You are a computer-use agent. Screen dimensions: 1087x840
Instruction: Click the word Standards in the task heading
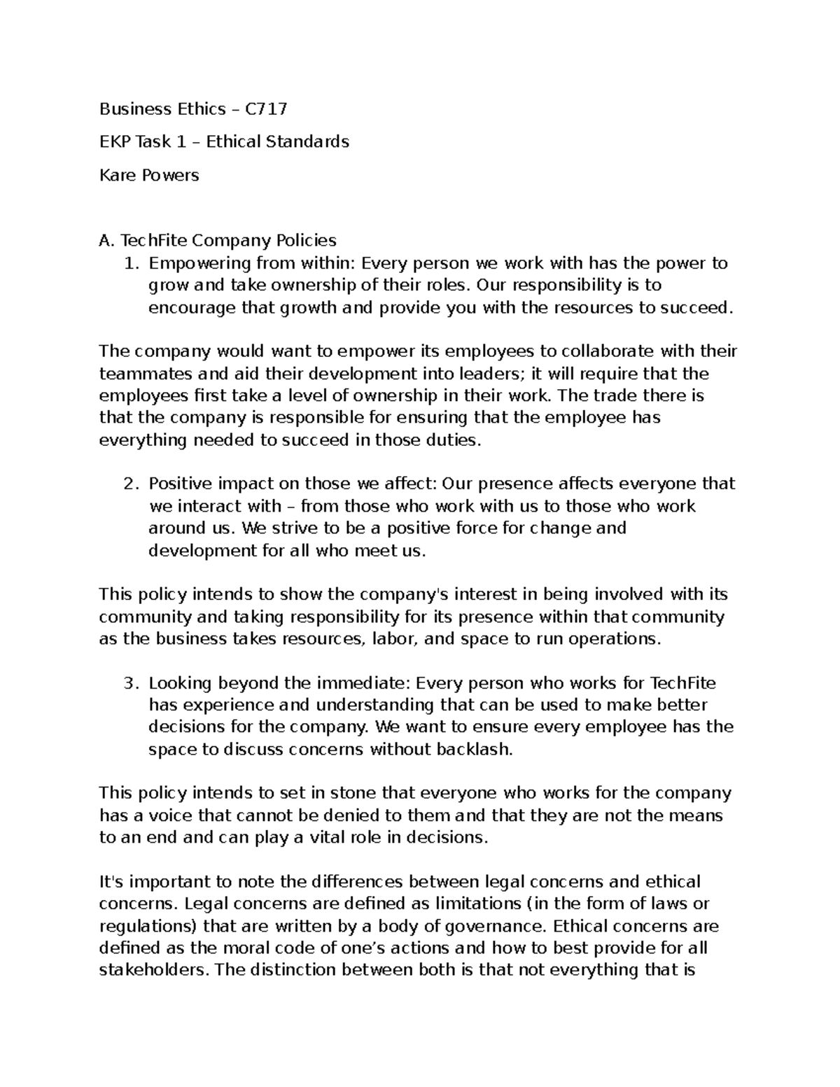coord(313,141)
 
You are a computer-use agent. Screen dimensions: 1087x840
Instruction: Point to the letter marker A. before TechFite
coord(106,241)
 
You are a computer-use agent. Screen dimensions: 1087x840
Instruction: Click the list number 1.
coord(129,263)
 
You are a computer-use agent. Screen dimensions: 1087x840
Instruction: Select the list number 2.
coord(129,484)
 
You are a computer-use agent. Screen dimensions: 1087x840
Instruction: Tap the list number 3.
coord(129,682)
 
